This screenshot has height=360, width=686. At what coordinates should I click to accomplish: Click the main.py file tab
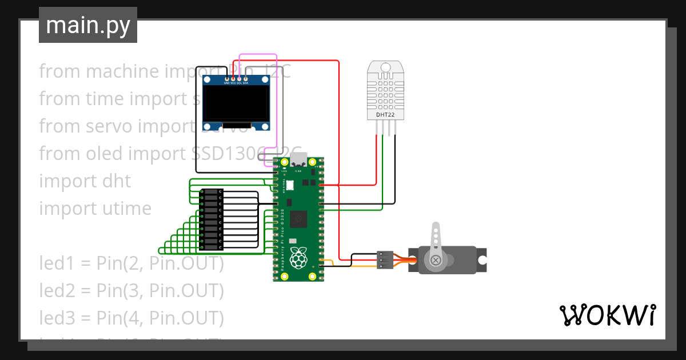click(87, 25)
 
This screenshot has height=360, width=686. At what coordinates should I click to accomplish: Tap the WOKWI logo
click(607, 315)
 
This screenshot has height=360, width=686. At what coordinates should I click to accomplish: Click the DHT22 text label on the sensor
click(385, 115)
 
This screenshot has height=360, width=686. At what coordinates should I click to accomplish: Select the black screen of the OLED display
click(237, 103)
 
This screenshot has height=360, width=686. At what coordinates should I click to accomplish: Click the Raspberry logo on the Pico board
click(298, 258)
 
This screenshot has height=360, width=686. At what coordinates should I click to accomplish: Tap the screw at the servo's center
click(437, 261)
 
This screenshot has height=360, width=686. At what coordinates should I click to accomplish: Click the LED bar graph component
click(212, 219)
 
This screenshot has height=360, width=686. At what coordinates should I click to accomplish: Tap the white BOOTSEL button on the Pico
click(289, 185)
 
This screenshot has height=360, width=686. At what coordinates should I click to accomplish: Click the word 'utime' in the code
click(127, 209)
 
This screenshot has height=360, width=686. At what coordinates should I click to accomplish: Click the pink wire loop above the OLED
click(257, 55)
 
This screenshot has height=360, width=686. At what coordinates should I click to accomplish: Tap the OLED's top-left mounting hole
click(208, 79)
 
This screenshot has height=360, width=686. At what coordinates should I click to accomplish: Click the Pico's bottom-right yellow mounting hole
click(312, 277)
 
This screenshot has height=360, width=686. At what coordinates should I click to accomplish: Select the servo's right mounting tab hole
click(482, 260)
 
